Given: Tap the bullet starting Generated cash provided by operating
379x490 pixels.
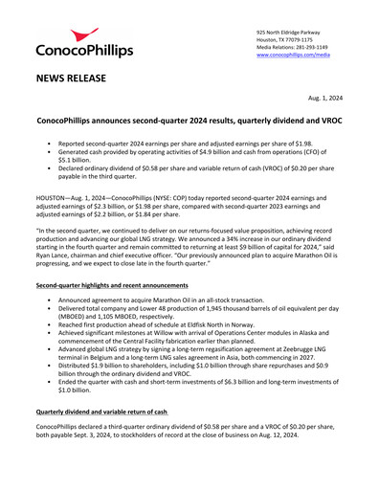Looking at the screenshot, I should (191, 153).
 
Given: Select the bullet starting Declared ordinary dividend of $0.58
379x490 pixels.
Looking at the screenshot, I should (191, 170).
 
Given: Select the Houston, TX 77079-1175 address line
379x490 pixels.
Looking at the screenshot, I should (290, 40).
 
